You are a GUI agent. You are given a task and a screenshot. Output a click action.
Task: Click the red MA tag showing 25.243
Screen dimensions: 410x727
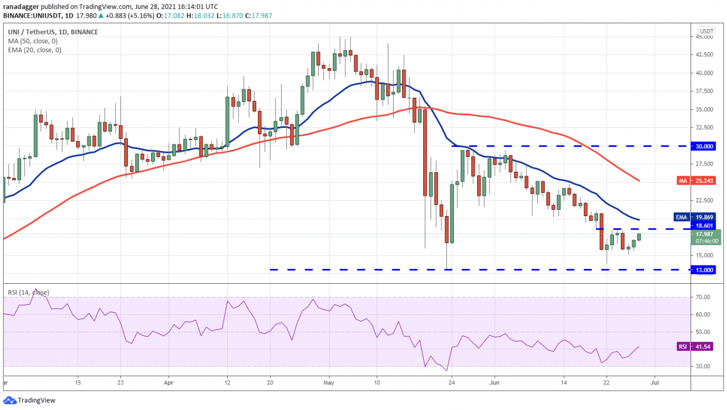click(700, 181)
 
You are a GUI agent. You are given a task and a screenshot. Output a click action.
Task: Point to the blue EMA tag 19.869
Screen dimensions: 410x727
click(700, 217)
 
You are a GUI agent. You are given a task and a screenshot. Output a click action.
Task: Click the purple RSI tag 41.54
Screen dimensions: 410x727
click(700, 346)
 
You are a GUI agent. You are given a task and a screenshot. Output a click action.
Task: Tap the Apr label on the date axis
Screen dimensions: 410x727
click(168, 382)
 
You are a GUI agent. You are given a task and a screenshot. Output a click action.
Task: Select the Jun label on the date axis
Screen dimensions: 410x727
click(494, 382)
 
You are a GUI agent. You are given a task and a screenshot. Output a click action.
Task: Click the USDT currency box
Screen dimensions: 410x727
click(706, 31)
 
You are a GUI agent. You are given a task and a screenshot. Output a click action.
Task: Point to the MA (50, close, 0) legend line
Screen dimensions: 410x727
click(32, 41)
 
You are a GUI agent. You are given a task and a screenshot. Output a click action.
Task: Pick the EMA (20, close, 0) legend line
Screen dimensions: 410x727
click(34, 50)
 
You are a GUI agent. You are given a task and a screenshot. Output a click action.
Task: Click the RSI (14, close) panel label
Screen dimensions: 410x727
click(28, 292)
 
